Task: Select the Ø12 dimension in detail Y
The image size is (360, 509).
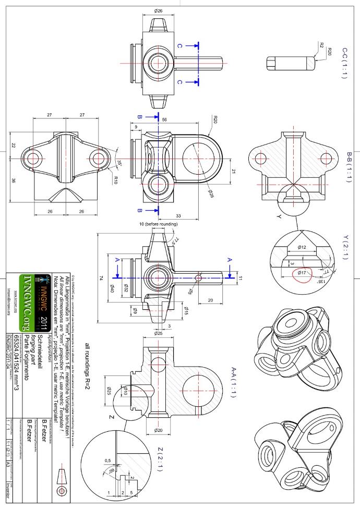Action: pos(302,246)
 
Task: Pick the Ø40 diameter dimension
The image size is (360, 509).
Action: pos(111,286)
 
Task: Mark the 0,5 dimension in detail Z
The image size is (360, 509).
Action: pos(108,460)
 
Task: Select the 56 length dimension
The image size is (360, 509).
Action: pos(164,119)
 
